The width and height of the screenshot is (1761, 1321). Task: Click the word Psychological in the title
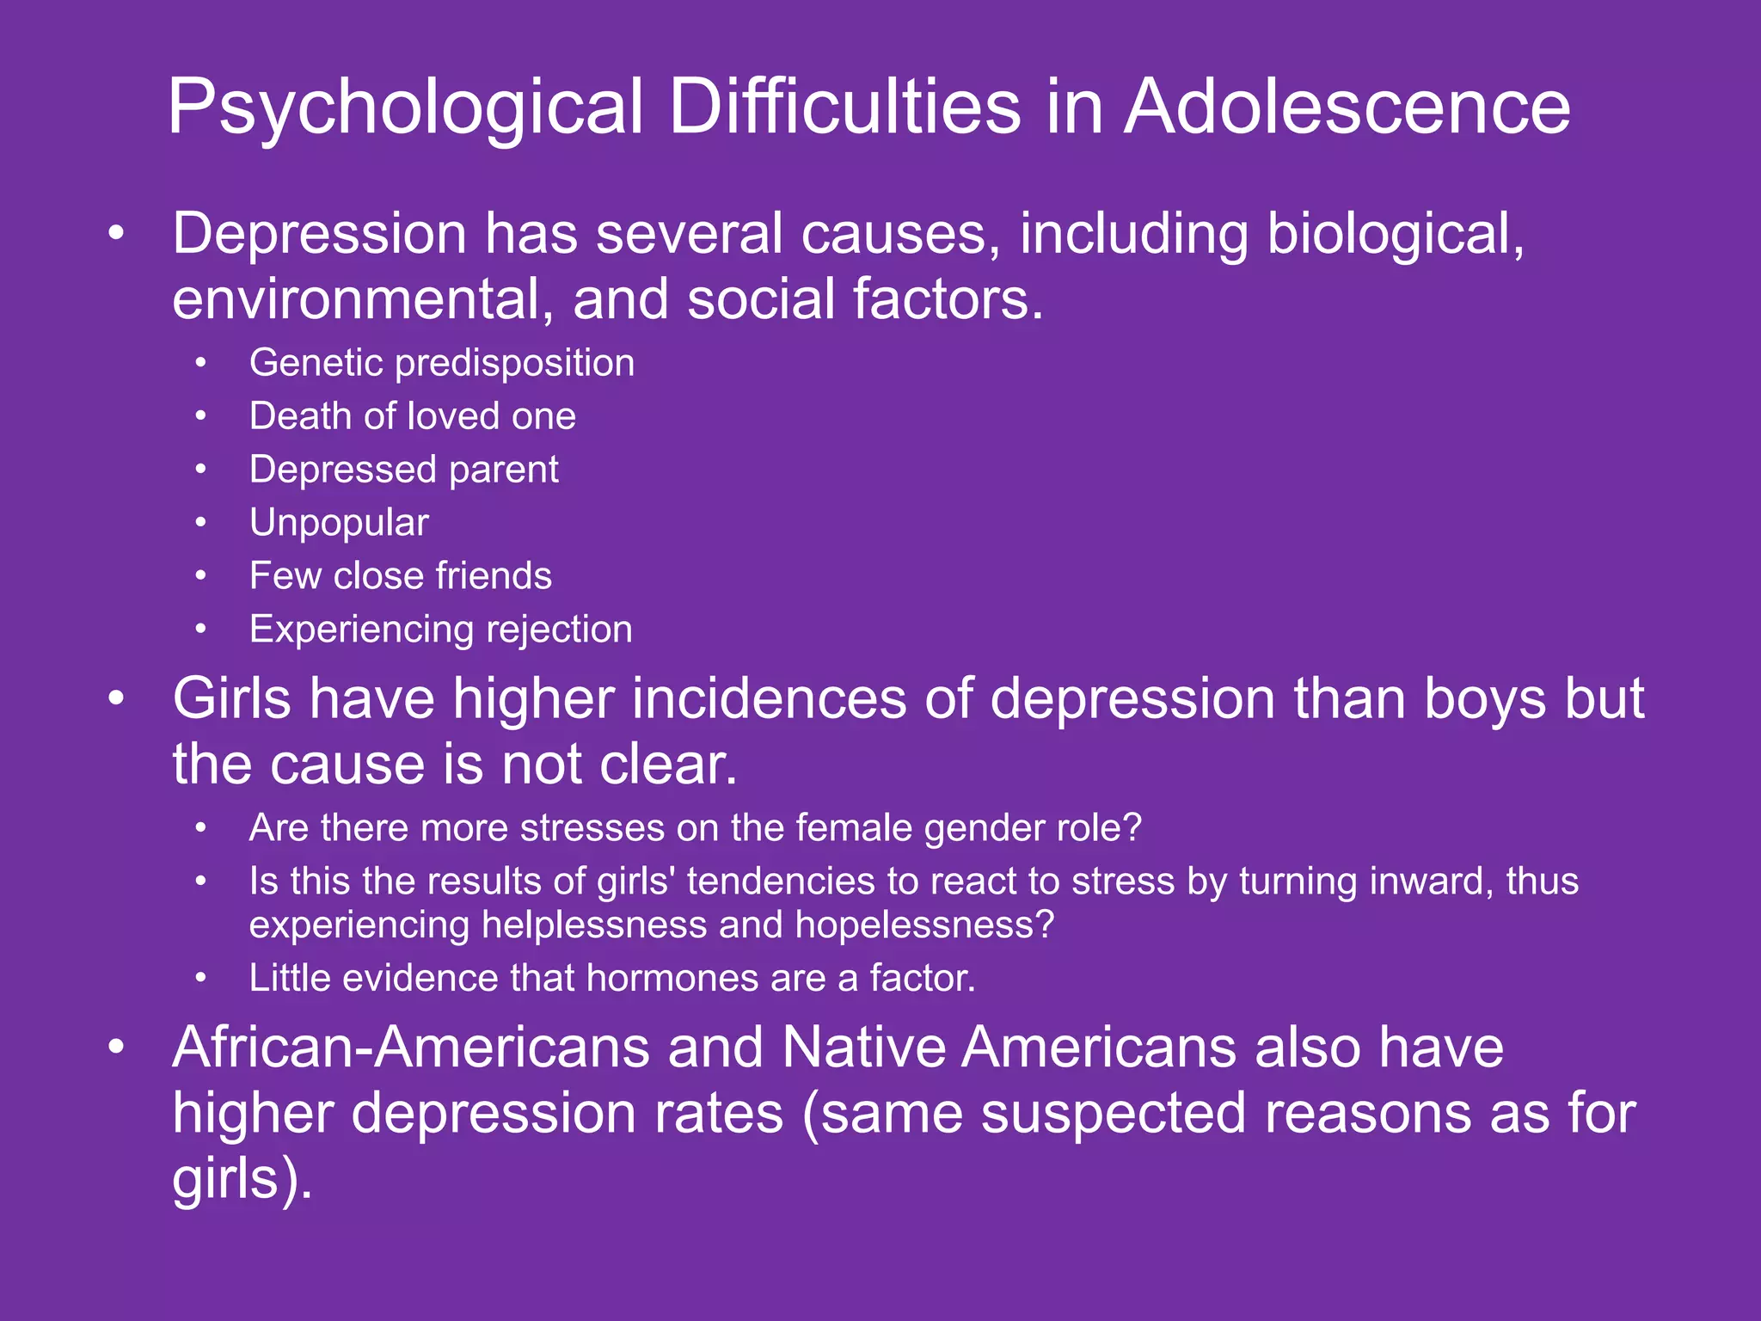tap(405, 108)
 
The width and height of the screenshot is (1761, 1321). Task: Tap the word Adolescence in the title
tap(1347, 108)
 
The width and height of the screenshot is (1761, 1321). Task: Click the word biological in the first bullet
tap(1396, 234)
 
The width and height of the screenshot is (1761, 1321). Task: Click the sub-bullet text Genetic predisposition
tap(442, 363)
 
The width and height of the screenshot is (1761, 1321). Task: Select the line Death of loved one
tap(413, 416)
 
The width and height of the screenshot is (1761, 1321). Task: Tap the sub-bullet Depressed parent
tap(404, 470)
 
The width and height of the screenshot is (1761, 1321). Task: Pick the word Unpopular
tap(339, 523)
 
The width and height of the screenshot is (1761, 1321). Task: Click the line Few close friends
tap(401, 576)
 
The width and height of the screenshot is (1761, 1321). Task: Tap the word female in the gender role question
tap(854, 828)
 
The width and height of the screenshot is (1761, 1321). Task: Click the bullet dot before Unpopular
tap(200, 523)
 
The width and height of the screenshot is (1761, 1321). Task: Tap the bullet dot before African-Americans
tap(117, 1048)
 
